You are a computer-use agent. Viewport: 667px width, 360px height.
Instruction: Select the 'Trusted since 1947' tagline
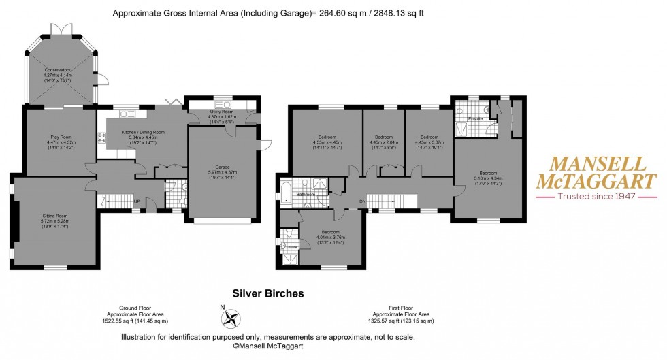pyautogui.click(x=596, y=196)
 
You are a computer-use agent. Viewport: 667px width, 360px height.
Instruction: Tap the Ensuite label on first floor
pyautogui.click(x=476, y=119)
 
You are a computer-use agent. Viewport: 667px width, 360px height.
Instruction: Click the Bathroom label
pyautogui.click(x=305, y=194)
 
